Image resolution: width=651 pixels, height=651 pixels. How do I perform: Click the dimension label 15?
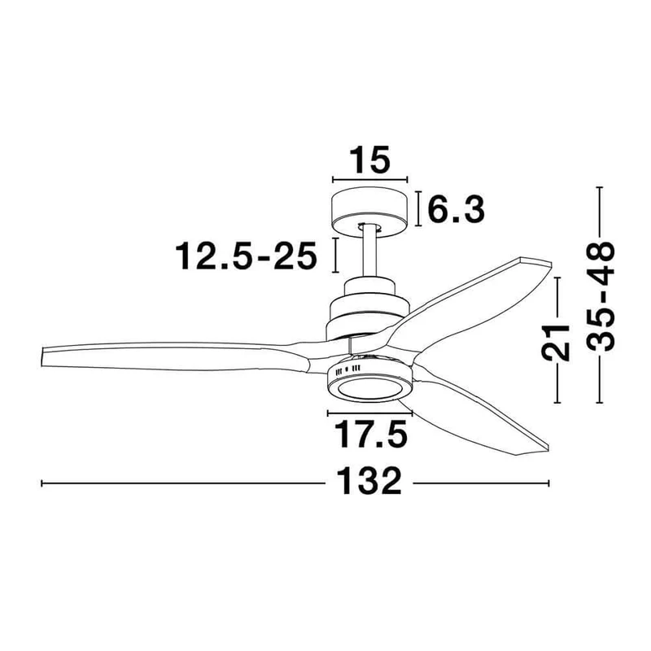370,159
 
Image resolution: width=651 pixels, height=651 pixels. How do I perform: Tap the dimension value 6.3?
457,209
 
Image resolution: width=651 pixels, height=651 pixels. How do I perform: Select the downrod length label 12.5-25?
247,256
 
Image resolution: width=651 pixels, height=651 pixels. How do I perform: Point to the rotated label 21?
555,342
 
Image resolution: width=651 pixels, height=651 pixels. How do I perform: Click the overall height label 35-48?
600,296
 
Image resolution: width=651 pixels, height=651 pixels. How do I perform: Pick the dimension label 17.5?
370,435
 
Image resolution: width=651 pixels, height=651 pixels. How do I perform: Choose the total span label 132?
369,481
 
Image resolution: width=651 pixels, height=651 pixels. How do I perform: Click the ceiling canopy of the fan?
369,212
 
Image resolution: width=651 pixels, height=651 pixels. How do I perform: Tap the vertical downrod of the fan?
369,252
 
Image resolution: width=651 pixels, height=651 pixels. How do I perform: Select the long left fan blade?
174,356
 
